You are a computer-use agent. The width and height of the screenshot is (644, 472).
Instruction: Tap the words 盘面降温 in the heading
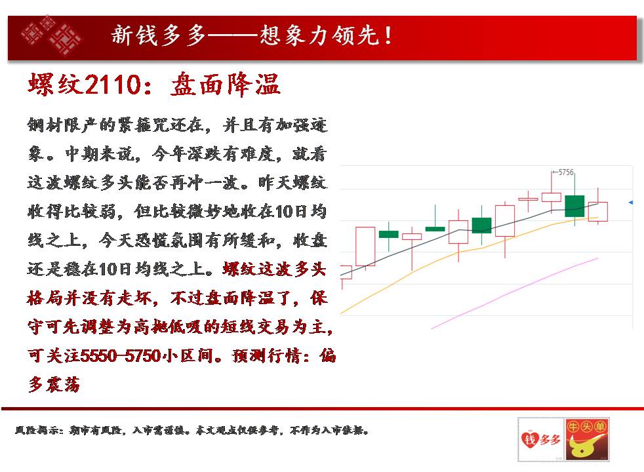(x=225, y=85)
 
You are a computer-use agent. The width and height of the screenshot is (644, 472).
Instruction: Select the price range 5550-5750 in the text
(x=120, y=355)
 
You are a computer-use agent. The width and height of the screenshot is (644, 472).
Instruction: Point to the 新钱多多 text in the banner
(x=159, y=35)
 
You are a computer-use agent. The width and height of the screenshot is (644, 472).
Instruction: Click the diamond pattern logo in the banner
(x=52, y=35)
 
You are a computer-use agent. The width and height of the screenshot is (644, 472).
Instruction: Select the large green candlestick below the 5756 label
(x=574, y=206)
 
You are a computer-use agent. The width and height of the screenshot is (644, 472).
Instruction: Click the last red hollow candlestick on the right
(x=597, y=211)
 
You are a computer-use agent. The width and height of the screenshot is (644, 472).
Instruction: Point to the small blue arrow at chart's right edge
(x=631, y=203)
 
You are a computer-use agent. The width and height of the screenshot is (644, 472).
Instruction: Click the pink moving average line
(x=515, y=294)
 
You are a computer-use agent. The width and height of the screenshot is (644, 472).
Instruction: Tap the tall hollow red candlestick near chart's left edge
(x=365, y=246)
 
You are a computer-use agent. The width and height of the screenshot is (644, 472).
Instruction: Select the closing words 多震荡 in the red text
(x=54, y=385)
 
